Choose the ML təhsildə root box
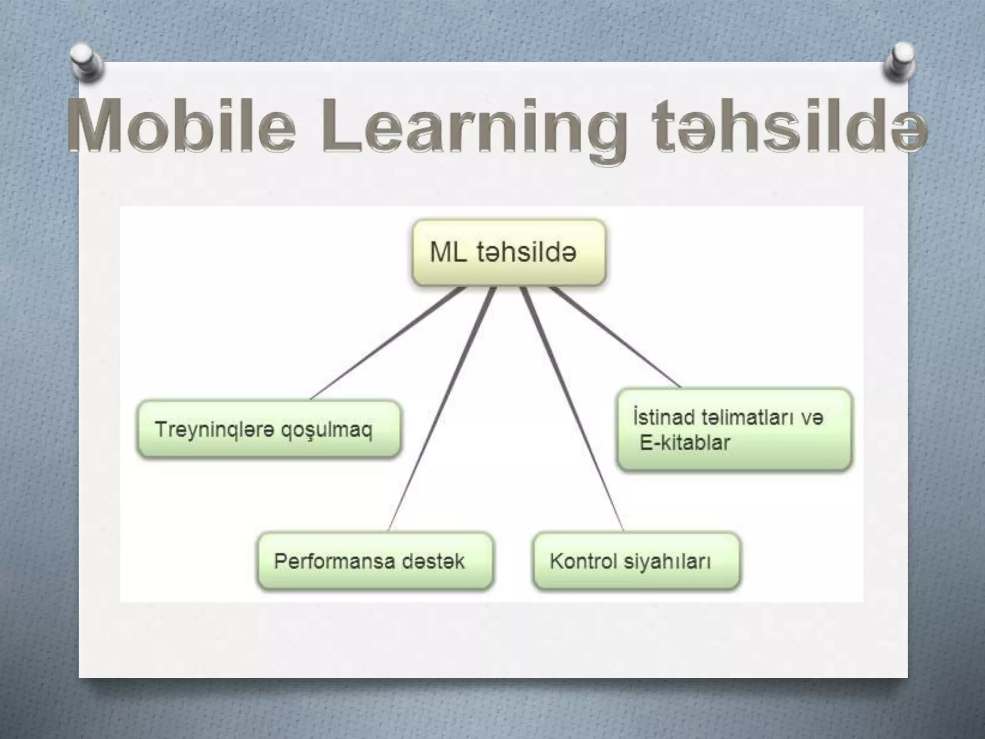point(509,253)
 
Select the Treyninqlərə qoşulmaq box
point(268,429)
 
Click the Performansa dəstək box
point(375,561)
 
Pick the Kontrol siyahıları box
point(636,561)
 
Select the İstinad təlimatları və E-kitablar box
point(734,429)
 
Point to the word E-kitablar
point(685,443)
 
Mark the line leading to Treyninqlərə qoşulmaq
point(387,344)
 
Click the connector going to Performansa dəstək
point(440,409)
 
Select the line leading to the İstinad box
point(616,337)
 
